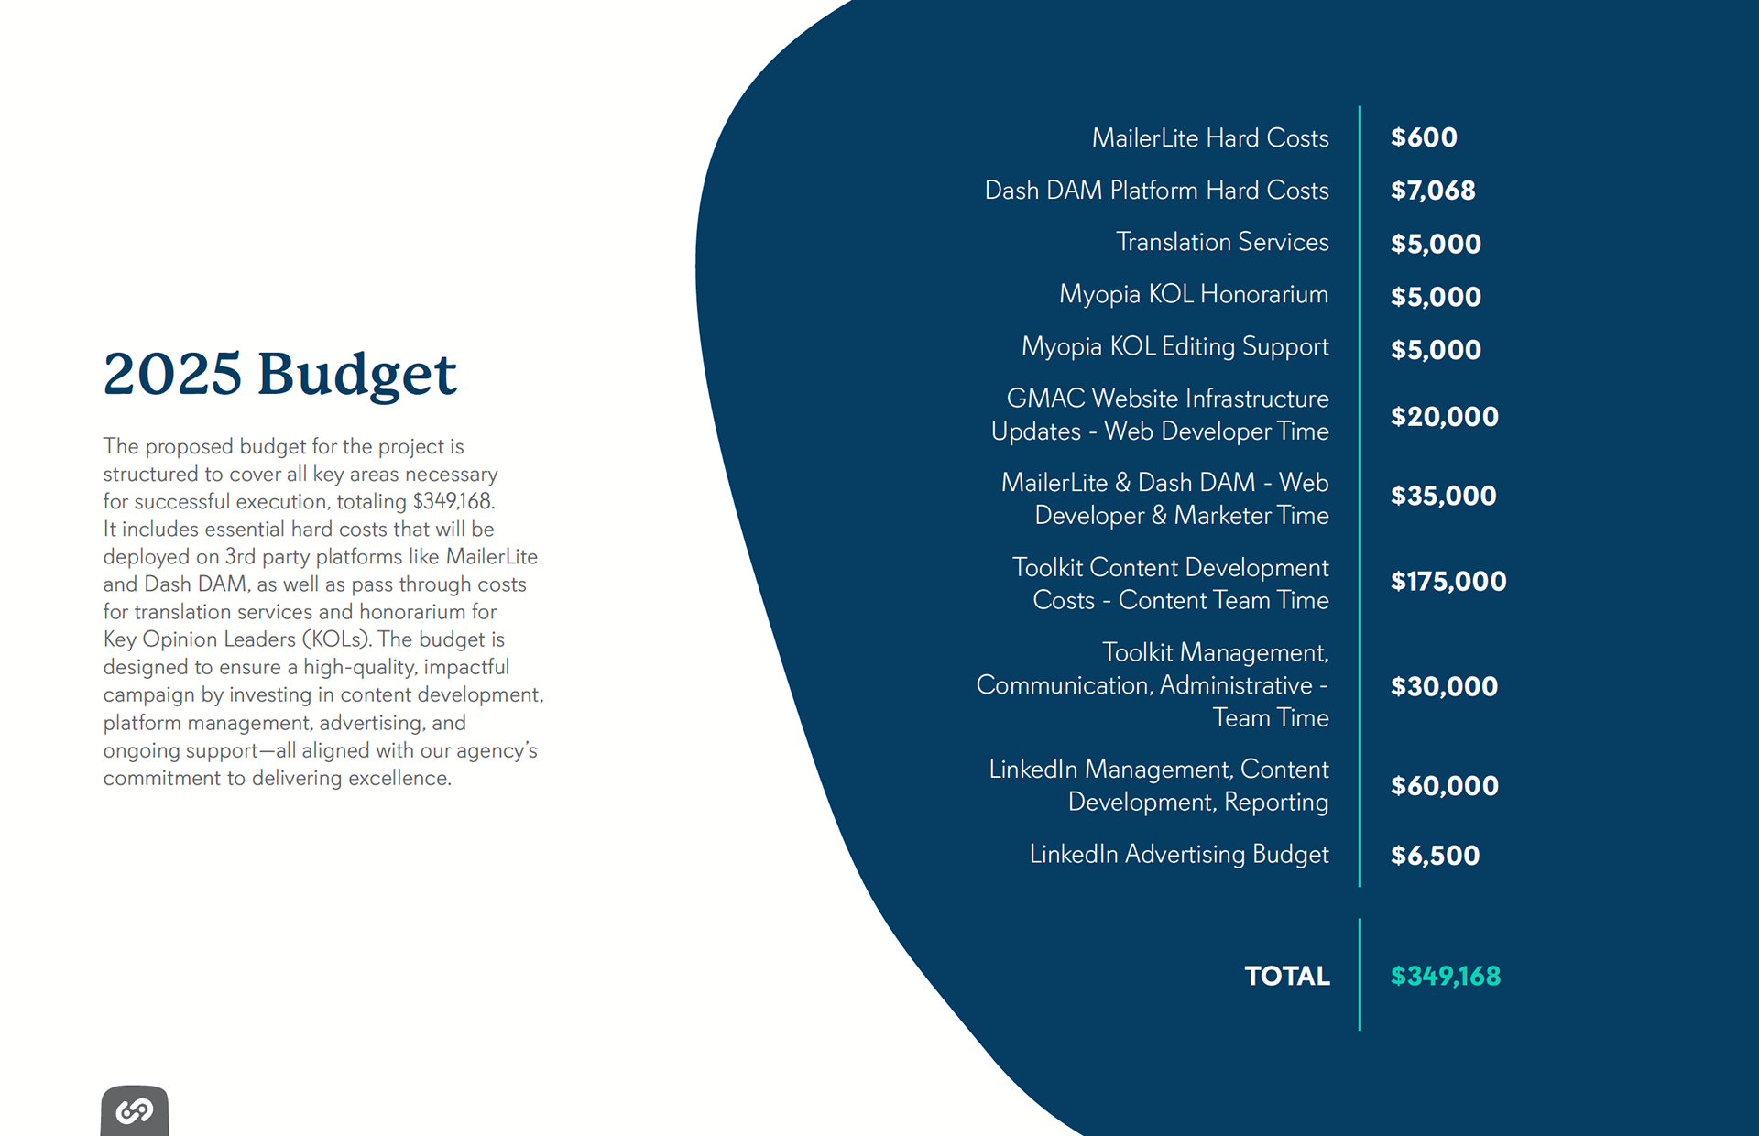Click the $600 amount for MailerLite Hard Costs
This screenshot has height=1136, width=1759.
click(x=1424, y=137)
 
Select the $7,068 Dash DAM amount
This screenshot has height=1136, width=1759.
click(x=1433, y=191)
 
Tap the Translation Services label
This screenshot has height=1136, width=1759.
click(x=1222, y=242)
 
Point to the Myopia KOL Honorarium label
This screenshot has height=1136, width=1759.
click(x=1194, y=294)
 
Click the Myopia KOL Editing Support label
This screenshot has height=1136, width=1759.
click(x=1174, y=347)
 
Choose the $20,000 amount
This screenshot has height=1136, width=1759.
click(x=1444, y=417)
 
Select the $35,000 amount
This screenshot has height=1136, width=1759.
click(x=1443, y=496)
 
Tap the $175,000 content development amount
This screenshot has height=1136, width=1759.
click(x=1448, y=582)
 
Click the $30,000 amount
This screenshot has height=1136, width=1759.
click(x=1444, y=686)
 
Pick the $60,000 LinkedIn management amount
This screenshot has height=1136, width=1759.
click(x=1444, y=786)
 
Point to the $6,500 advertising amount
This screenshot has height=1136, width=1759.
click(x=1435, y=856)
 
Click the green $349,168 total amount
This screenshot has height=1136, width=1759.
click(x=1446, y=977)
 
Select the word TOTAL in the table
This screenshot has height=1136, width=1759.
click(x=1286, y=977)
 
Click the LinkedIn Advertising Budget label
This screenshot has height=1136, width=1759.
click(x=1178, y=855)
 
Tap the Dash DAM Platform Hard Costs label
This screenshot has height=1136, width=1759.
click(x=1156, y=191)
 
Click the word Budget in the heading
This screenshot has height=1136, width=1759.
click(x=356, y=375)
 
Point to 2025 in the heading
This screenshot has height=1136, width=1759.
click(x=172, y=374)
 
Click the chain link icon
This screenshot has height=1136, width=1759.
click(x=135, y=1111)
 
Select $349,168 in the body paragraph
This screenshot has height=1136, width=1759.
click(x=453, y=502)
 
